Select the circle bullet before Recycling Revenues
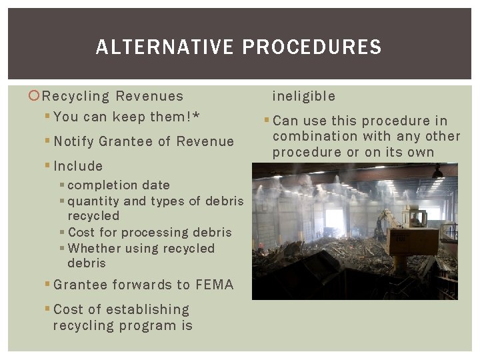35,96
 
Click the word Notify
73,141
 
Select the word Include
78,166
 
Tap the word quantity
93,201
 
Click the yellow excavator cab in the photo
417,217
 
